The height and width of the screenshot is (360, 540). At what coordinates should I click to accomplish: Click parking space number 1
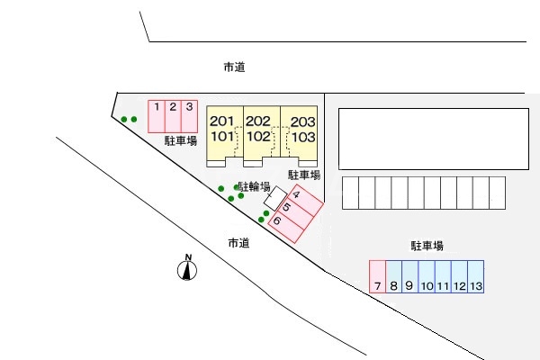157,116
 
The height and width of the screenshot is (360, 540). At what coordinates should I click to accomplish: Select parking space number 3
189,116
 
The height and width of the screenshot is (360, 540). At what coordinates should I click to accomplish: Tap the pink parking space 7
377,276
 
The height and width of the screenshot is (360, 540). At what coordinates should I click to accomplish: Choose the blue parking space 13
476,276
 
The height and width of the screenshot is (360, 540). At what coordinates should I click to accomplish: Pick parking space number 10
427,276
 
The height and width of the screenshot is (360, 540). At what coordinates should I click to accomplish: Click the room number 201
221,121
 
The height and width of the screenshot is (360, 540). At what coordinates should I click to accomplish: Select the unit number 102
258,137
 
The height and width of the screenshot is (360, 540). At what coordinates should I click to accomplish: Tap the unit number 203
303,121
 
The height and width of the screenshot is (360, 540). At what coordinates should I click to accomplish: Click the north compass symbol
187,267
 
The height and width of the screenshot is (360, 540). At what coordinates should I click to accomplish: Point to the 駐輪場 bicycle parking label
254,186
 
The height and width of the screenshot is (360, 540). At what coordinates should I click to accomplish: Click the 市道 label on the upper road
235,67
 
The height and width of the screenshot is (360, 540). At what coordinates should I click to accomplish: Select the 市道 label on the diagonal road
238,243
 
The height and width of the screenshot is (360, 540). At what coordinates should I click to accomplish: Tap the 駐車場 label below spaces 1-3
181,140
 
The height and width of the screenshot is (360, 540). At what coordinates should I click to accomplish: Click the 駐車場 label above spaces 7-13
427,246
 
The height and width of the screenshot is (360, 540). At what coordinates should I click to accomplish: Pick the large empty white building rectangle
434,139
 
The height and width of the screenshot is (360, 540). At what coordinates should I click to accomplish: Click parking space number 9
410,276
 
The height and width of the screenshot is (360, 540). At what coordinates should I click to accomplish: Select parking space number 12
460,276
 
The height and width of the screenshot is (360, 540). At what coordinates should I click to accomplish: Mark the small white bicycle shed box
275,198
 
